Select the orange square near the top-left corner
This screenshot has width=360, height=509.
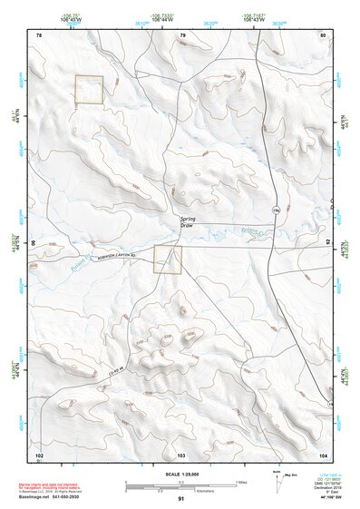pyautogui.click(x=89, y=89)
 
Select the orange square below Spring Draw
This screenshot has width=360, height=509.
pyautogui.click(x=167, y=259)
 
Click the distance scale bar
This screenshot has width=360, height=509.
pyautogui.click(x=181, y=483)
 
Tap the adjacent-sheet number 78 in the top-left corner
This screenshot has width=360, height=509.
pyautogui.click(x=39, y=34)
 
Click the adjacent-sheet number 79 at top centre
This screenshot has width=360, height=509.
pyautogui.click(x=182, y=34)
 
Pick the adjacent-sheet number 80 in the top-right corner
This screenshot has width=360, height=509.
pyautogui.click(x=323, y=34)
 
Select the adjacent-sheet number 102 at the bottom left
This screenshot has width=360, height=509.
pyautogui.click(x=39, y=453)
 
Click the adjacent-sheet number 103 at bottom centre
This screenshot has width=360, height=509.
pyautogui.click(x=181, y=453)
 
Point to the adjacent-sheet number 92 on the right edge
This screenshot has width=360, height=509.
pyautogui.click(x=329, y=243)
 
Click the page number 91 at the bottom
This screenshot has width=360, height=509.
pyautogui.click(x=181, y=499)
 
